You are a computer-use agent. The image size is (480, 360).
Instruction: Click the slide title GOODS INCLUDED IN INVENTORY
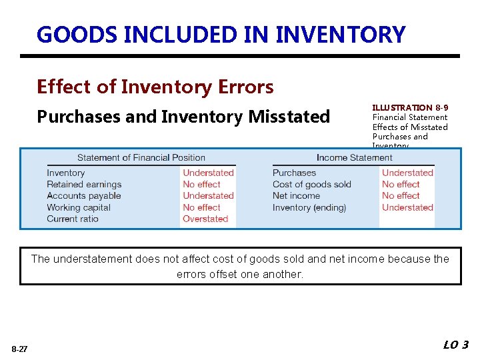pyautogui.click(x=221, y=34)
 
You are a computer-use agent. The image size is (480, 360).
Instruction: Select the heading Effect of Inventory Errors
pyautogui.click(x=155, y=87)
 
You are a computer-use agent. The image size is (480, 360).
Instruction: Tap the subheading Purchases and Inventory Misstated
pyautogui.click(x=183, y=117)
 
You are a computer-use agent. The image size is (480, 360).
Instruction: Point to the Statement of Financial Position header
pyautogui.click(x=141, y=158)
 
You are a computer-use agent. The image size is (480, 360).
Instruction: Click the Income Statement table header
pyautogui.click(x=354, y=158)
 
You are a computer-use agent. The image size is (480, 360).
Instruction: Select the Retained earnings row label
pyautogui.click(x=84, y=185)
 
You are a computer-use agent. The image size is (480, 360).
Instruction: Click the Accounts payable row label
pyautogui.click(x=84, y=196)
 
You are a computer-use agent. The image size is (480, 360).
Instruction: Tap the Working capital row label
pyautogui.click(x=79, y=207)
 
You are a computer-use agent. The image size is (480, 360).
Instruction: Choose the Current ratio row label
pyautogui.click(x=73, y=219)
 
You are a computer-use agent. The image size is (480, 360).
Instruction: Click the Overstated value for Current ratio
pyautogui.click(x=205, y=219)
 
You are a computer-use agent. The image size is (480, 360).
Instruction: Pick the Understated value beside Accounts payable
pyautogui.click(x=208, y=196)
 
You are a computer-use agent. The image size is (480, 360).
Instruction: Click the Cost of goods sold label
pyautogui.click(x=311, y=185)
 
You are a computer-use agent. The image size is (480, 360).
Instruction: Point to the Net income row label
pyautogui.click(x=296, y=196)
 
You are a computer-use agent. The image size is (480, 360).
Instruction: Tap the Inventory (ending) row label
pyautogui.click(x=309, y=207)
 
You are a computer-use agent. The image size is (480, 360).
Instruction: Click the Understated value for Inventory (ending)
pyautogui.click(x=407, y=207)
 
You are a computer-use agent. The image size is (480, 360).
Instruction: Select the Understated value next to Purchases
pyautogui.click(x=407, y=173)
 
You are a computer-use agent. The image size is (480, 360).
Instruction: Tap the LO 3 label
pyautogui.click(x=456, y=345)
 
